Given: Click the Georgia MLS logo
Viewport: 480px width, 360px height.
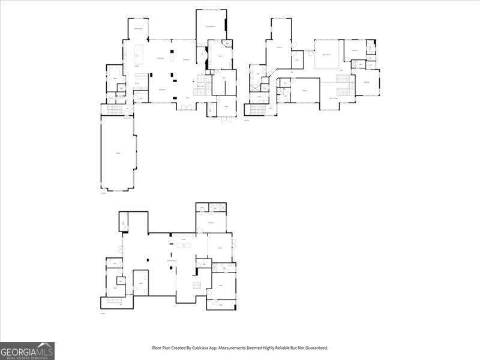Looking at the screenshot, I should (28, 350).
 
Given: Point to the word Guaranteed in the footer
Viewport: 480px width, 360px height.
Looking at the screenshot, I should (314, 348).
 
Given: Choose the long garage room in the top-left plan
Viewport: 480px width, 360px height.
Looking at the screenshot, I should (118, 154).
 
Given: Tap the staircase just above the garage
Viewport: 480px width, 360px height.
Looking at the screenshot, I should (112, 109).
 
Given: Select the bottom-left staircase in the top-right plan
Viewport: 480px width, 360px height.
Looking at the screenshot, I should (257, 109).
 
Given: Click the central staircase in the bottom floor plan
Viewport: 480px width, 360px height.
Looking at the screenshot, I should (196, 284).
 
